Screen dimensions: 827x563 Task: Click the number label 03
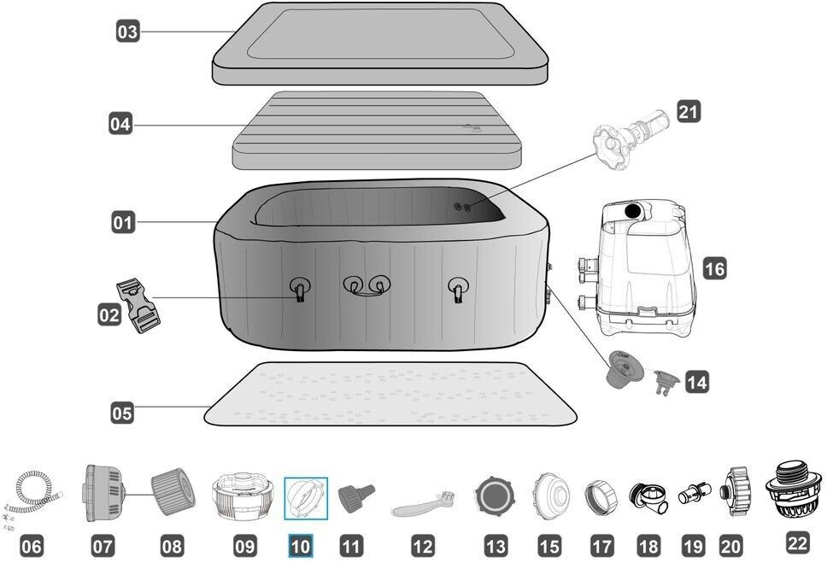tap(127, 31)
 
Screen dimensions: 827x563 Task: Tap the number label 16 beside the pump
tap(715, 268)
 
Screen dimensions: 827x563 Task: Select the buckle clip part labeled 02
tap(138, 306)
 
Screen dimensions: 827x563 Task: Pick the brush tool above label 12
tap(423, 503)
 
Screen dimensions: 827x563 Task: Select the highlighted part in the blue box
tap(306, 498)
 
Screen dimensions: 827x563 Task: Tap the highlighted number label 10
tap(300, 546)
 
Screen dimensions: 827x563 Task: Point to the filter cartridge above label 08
tap(173, 491)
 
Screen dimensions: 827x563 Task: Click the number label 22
tap(797, 542)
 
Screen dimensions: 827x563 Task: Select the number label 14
tap(697, 382)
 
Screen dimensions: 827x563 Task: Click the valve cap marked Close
tap(625, 369)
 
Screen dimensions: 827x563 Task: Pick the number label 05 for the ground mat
tap(122, 413)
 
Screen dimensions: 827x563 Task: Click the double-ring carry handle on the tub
tap(367, 285)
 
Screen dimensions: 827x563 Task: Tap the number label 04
tap(120, 124)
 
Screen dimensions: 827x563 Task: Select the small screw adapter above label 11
tap(356, 497)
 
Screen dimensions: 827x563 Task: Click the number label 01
tap(123, 222)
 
